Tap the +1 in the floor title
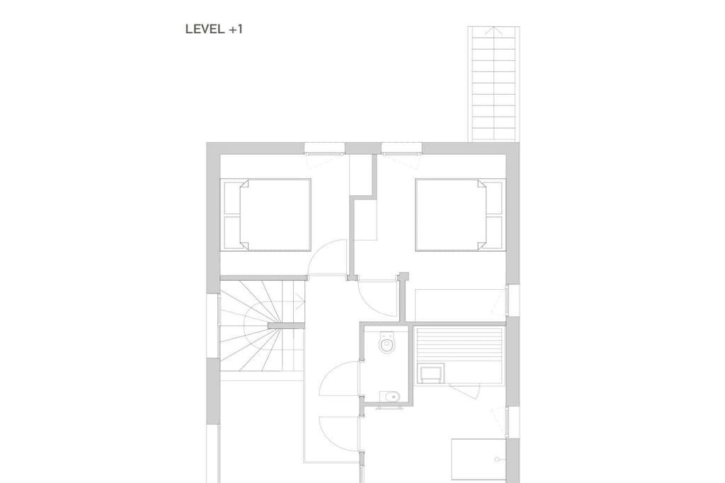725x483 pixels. (236, 29)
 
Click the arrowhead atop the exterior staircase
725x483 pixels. (493, 31)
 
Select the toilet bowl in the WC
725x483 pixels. (387, 342)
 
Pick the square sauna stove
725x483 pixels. (430, 373)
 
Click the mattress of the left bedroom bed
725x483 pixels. (275, 215)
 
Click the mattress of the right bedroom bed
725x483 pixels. (451, 215)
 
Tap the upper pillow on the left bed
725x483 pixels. (232, 197)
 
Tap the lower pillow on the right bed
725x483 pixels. (493, 233)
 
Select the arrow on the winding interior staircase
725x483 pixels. (299, 303)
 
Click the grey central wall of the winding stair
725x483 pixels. (286, 325)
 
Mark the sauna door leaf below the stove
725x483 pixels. (464, 390)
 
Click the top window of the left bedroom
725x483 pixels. (324, 149)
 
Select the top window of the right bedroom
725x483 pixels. (402, 149)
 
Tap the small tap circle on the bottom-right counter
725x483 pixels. (497, 460)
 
